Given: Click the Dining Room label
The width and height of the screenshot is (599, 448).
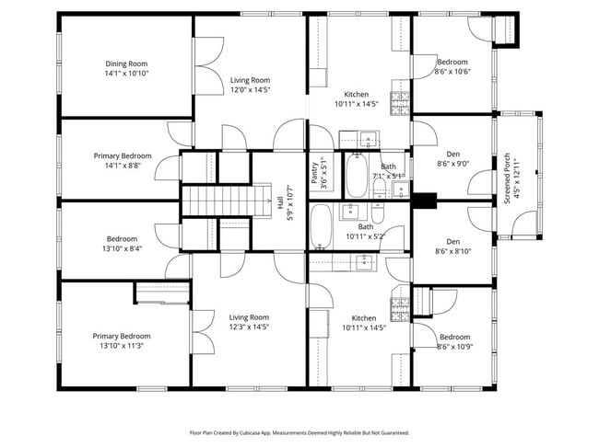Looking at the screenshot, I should click(126, 63).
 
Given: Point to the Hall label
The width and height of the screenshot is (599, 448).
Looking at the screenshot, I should click(279, 198).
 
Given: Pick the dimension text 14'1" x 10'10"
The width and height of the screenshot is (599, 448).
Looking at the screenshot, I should click(126, 73).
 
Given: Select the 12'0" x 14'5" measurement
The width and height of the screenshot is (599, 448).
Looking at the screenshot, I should click(249, 90).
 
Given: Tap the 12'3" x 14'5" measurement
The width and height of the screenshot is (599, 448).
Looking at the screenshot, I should click(249, 327).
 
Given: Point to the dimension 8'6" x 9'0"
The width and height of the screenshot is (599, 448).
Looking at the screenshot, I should click(452, 164).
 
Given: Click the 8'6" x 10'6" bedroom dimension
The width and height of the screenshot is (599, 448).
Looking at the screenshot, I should click(452, 72).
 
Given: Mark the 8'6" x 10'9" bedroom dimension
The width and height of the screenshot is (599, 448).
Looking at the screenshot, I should click(453, 346).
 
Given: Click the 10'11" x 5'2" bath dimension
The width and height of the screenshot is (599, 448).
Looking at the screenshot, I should click(366, 236).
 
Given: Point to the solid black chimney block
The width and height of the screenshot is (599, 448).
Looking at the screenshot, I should click(424, 199).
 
